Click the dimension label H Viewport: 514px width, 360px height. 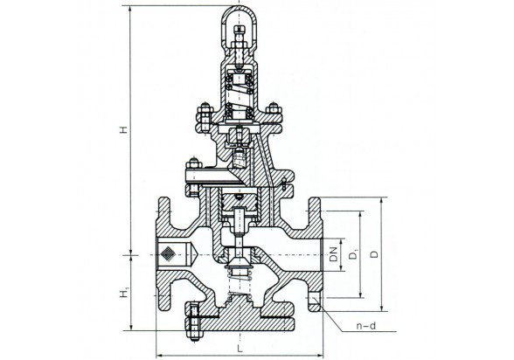123,129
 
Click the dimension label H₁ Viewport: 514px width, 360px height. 124,293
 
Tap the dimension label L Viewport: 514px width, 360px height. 240,348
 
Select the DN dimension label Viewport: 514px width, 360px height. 334,254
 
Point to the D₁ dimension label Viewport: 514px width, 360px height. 353,254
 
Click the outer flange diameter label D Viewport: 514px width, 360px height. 374,254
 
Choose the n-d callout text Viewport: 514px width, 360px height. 365,326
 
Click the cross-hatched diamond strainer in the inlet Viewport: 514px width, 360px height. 168,253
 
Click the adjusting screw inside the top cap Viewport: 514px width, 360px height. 240,45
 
